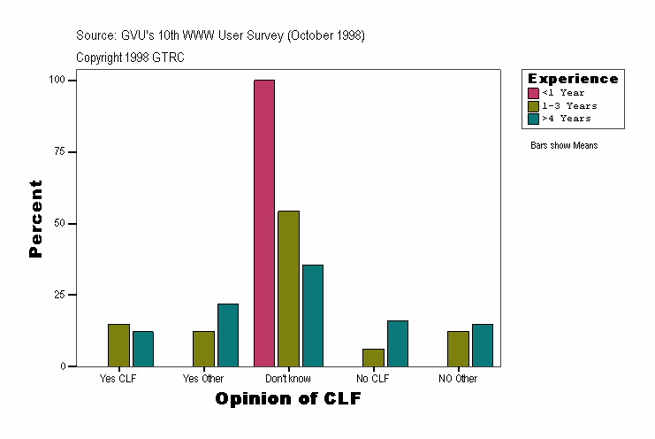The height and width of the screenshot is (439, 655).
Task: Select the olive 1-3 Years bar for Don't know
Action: pyautogui.click(x=288, y=289)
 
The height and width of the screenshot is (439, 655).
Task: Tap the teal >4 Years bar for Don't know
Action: pyautogui.click(x=313, y=315)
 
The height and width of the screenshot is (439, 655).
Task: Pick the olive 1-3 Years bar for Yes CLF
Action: pyautogui.click(x=118, y=345)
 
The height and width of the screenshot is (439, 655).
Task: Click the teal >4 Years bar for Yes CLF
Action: pyautogui.click(x=143, y=349)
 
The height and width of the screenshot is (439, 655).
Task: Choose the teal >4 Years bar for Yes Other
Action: pyautogui.click(x=228, y=335)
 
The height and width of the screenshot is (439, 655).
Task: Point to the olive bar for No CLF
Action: pyautogui.click(x=373, y=358)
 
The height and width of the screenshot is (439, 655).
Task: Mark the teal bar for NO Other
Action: pyautogui.click(x=483, y=345)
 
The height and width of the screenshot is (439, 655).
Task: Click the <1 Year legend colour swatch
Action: pyautogui.click(x=533, y=93)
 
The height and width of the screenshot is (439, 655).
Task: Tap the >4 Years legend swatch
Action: pyautogui.click(x=533, y=118)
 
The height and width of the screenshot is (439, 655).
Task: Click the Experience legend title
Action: pyautogui.click(x=573, y=79)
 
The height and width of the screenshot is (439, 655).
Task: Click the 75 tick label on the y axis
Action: pyautogui.click(x=60, y=152)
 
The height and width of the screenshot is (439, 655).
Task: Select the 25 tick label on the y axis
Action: pyautogui.click(x=60, y=295)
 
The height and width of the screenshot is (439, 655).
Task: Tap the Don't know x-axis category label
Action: pyautogui.click(x=288, y=379)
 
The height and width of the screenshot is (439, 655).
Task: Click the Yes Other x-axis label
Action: pyautogui.click(x=203, y=379)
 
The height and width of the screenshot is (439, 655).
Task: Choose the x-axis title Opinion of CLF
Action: pyautogui.click(x=288, y=399)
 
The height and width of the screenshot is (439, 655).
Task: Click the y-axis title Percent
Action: pyautogui.click(x=35, y=219)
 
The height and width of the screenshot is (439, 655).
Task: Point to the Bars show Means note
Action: pyautogui.click(x=564, y=145)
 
